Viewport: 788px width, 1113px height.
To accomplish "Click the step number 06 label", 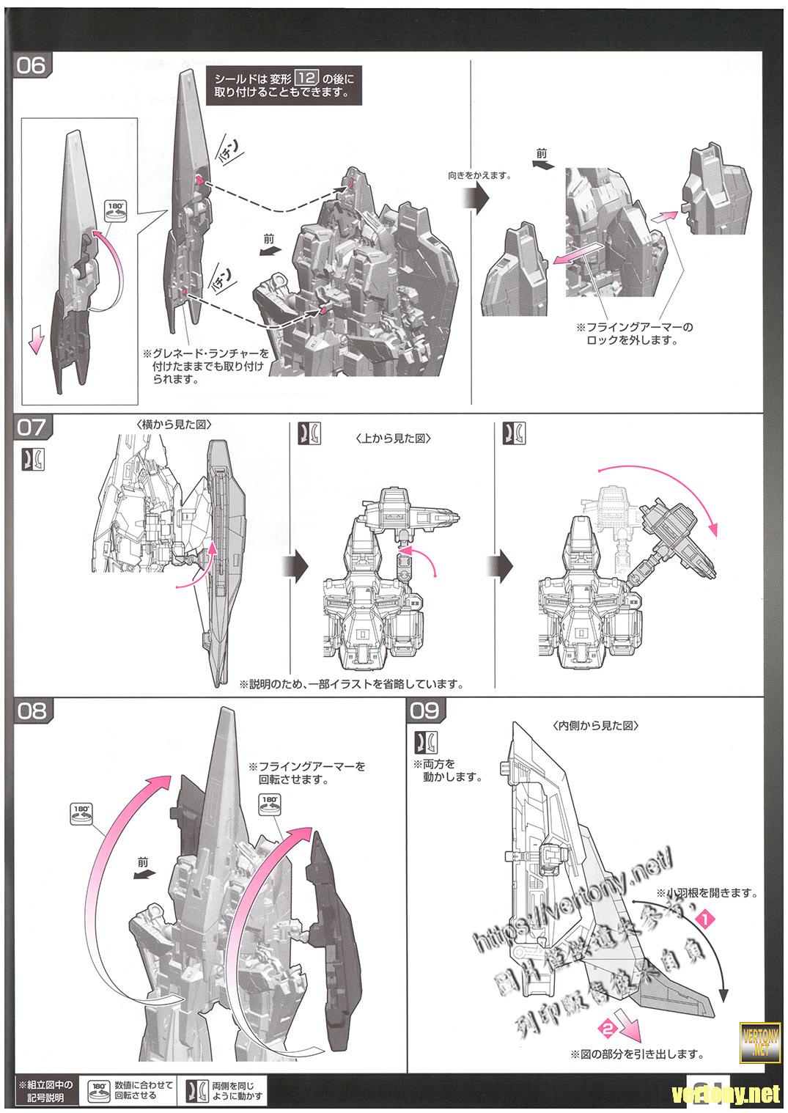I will pyautogui.click(x=30, y=66).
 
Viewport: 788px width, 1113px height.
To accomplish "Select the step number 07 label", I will pyautogui.click(x=30, y=427).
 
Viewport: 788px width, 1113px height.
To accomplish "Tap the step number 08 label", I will pyautogui.click(x=30, y=710).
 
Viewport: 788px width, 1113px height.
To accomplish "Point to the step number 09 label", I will pyautogui.click(x=425, y=710).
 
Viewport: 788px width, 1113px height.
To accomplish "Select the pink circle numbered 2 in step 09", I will pyautogui.click(x=606, y=1028).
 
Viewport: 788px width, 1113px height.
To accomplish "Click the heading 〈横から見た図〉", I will pyautogui.click(x=165, y=426).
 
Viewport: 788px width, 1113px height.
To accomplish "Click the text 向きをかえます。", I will pyautogui.click(x=479, y=176).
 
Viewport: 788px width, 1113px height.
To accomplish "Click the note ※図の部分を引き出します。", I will pyautogui.click(x=636, y=1054).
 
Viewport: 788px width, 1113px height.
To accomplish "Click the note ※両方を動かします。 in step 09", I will pyautogui.click(x=448, y=771).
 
